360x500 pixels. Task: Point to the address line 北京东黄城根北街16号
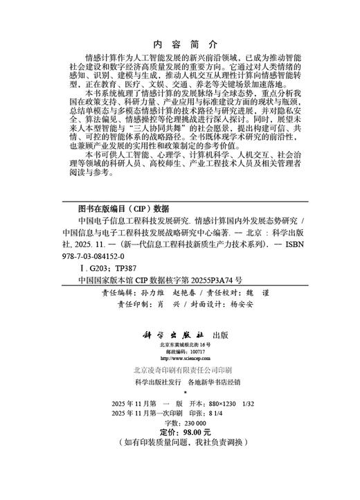click(179, 344)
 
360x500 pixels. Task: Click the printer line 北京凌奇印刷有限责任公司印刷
click(179, 371)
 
